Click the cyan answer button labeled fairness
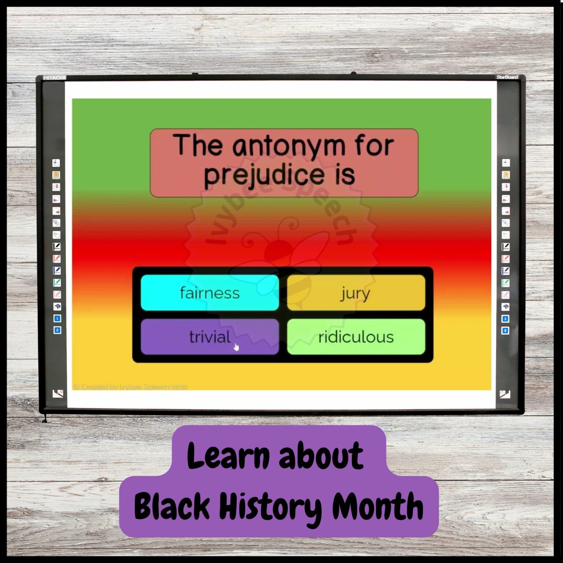pos(210,293)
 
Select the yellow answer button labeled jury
pos(356,293)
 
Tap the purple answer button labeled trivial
pos(210,337)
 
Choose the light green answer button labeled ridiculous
pos(356,337)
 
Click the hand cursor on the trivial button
pos(236,346)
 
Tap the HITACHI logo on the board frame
pos(54,78)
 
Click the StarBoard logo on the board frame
pos(507,77)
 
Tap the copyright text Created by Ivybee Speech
pos(130,387)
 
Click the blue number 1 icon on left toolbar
pos(57,318)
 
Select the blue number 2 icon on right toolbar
pos(505,330)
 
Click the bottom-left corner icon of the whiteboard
pos(58,394)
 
